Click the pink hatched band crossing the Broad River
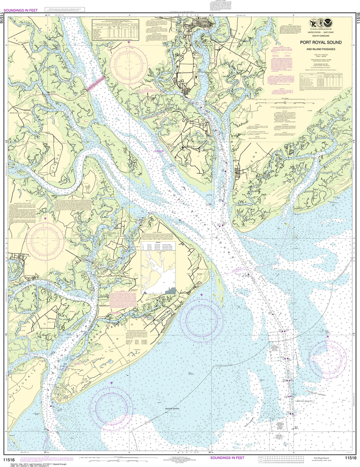point(96,83)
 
